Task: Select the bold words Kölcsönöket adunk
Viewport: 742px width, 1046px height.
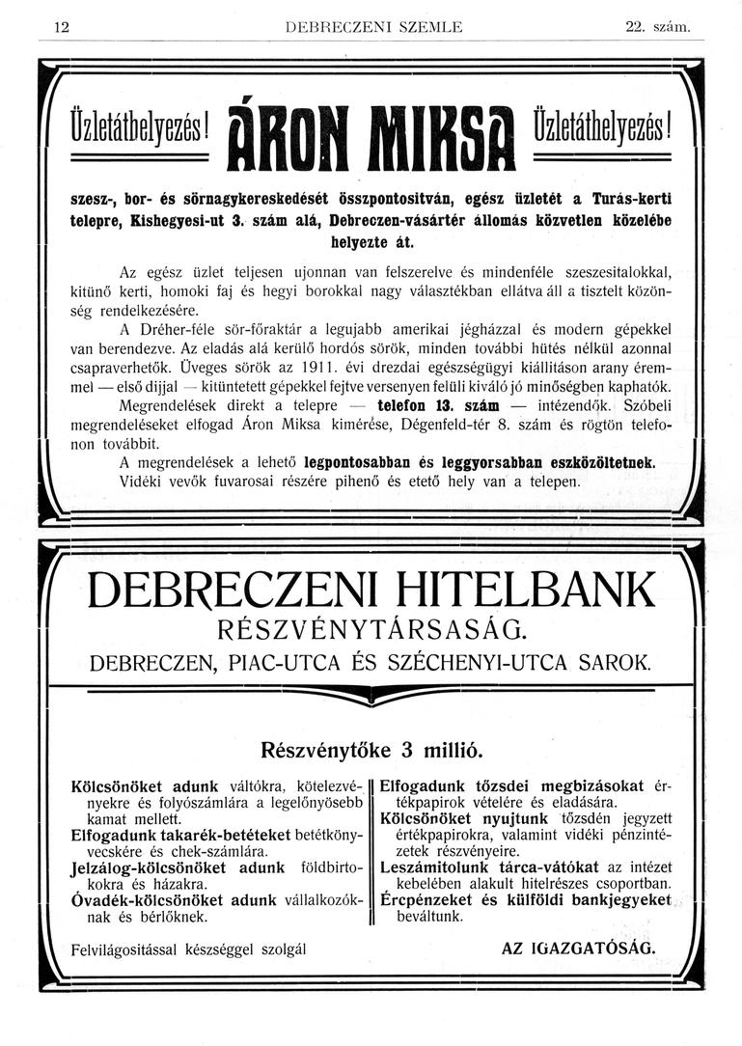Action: (x=146, y=784)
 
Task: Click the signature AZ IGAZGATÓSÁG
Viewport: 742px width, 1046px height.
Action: (x=578, y=948)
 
